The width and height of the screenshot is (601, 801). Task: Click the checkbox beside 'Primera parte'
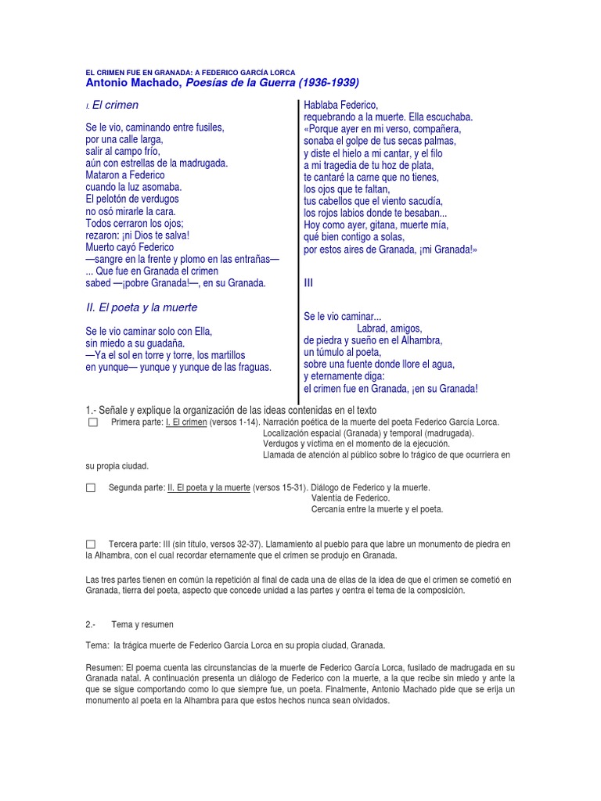click(92, 422)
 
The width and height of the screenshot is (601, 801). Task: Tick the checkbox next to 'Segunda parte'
click(91, 487)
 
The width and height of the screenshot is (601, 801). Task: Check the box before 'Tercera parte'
click(91, 544)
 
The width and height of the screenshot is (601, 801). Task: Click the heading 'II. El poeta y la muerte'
click(142, 307)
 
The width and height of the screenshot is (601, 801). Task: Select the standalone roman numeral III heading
click(309, 283)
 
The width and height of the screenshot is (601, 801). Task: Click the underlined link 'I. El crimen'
click(186, 422)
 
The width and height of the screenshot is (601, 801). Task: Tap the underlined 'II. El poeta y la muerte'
click(209, 487)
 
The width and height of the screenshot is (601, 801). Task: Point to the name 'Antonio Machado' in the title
click(132, 83)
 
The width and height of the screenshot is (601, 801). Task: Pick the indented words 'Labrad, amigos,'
click(389, 329)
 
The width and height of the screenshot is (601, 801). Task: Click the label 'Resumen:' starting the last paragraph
click(104, 667)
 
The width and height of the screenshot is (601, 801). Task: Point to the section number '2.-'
click(90, 624)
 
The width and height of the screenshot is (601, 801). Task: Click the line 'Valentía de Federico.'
click(350, 498)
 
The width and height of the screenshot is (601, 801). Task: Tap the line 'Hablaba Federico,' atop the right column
click(340, 105)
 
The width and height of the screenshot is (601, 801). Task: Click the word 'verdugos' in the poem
click(159, 199)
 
